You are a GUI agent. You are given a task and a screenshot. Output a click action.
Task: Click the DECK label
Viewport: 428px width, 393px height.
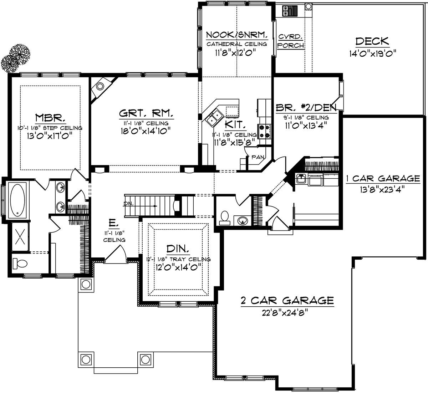pos(372,41)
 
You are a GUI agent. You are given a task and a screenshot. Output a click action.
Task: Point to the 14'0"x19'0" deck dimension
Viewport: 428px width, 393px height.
pos(373,53)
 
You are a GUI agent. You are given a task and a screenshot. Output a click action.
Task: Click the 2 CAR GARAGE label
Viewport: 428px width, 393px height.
pos(287,301)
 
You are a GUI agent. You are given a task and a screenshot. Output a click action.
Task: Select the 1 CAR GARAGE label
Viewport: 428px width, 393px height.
pos(383,178)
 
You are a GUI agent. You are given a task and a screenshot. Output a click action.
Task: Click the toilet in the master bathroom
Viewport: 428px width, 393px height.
pos(20,264)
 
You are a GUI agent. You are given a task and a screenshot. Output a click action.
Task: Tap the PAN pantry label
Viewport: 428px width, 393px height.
pos(257,157)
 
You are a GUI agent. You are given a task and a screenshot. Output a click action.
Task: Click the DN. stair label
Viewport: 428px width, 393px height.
pos(129,204)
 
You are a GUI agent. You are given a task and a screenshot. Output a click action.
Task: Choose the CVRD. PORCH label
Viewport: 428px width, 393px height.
pos(291,41)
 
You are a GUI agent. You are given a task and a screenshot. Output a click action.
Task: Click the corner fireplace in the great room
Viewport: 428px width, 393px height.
pos(100,87)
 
